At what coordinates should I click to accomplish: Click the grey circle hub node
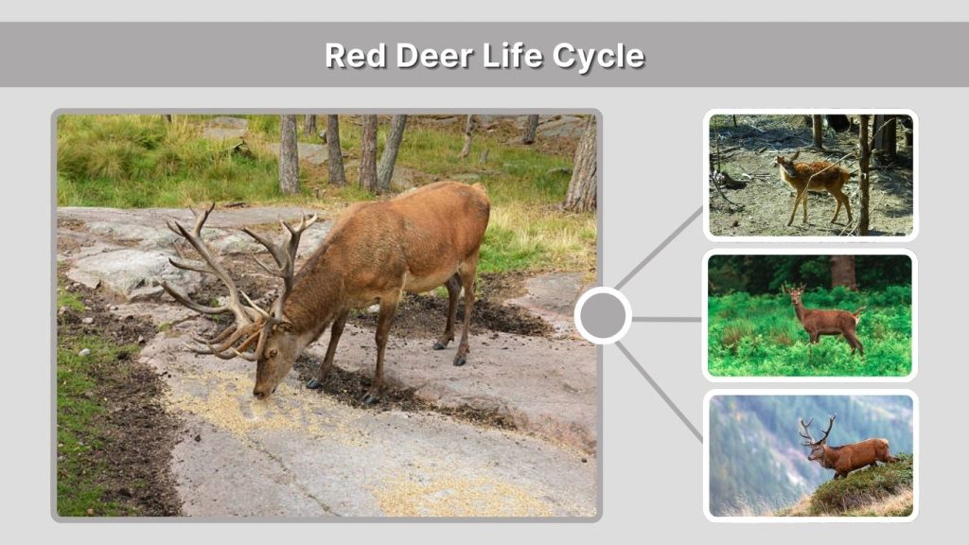coord(603,315)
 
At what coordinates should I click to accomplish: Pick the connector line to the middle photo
coord(667,319)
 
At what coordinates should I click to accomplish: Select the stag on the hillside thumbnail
coord(850,455)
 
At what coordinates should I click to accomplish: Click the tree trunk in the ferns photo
coord(843,272)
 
